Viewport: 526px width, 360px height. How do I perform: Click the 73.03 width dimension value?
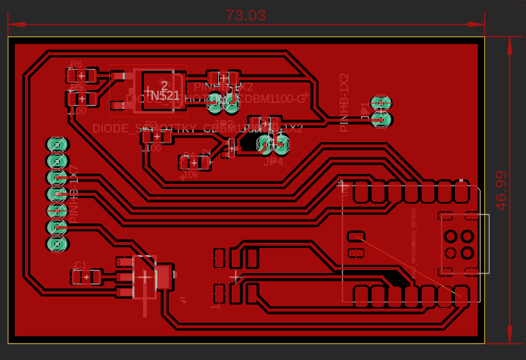click(x=246, y=15)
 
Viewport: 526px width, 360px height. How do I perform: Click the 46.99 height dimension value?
click(x=502, y=190)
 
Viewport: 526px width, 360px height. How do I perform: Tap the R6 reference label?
click(x=76, y=65)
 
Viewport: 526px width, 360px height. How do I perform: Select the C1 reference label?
click(x=80, y=265)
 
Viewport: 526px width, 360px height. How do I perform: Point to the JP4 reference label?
click(x=272, y=161)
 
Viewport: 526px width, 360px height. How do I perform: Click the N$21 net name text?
click(x=165, y=95)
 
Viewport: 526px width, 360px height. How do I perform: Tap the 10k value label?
click(x=190, y=175)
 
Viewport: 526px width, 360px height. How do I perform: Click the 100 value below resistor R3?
click(x=151, y=148)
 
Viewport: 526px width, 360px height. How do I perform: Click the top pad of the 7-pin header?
click(x=57, y=144)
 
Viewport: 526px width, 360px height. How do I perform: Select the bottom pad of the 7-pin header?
click(x=57, y=244)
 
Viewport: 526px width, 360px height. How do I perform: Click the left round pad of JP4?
click(x=264, y=144)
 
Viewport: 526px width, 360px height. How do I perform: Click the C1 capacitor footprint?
click(x=86, y=278)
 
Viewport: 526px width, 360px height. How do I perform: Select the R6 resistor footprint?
click(x=82, y=76)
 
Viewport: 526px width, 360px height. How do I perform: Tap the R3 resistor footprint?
click(x=157, y=136)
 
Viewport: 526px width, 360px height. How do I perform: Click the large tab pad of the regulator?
click(x=163, y=277)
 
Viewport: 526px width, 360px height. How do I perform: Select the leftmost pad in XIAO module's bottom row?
click(x=362, y=295)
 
